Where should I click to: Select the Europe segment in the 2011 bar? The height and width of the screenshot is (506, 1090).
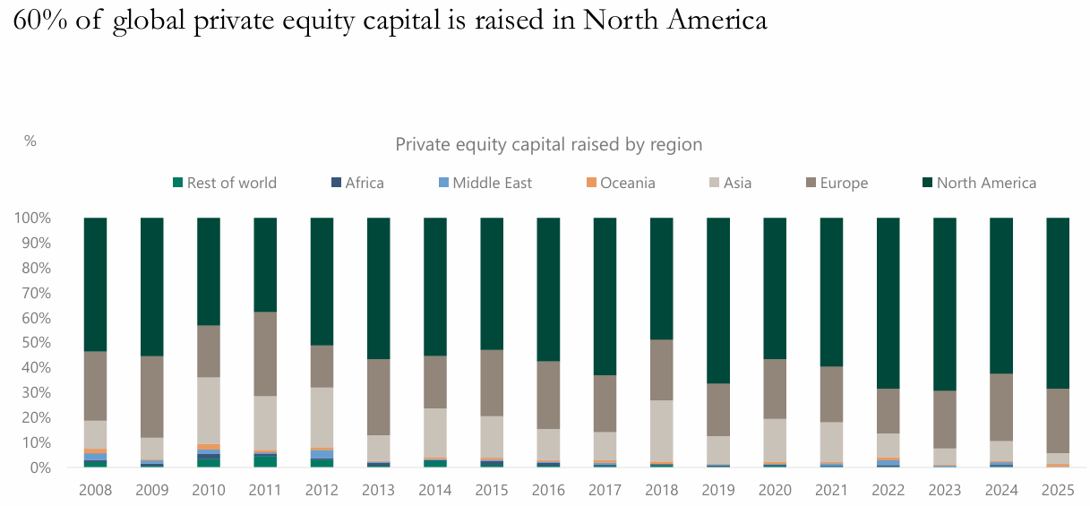click(x=265, y=354)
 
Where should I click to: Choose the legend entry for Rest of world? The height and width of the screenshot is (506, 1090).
click(x=224, y=183)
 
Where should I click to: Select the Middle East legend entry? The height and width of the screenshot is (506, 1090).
click(x=483, y=183)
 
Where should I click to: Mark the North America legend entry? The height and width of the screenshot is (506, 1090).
click(x=978, y=183)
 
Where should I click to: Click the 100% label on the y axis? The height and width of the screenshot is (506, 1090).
click(x=31, y=219)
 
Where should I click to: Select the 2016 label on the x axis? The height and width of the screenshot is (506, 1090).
click(x=548, y=491)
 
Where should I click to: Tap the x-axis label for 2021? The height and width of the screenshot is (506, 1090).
click(x=831, y=491)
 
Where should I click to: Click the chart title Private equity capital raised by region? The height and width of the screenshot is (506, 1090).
click(x=548, y=144)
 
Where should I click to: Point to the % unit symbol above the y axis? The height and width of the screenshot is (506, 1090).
click(x=30, y=141)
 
